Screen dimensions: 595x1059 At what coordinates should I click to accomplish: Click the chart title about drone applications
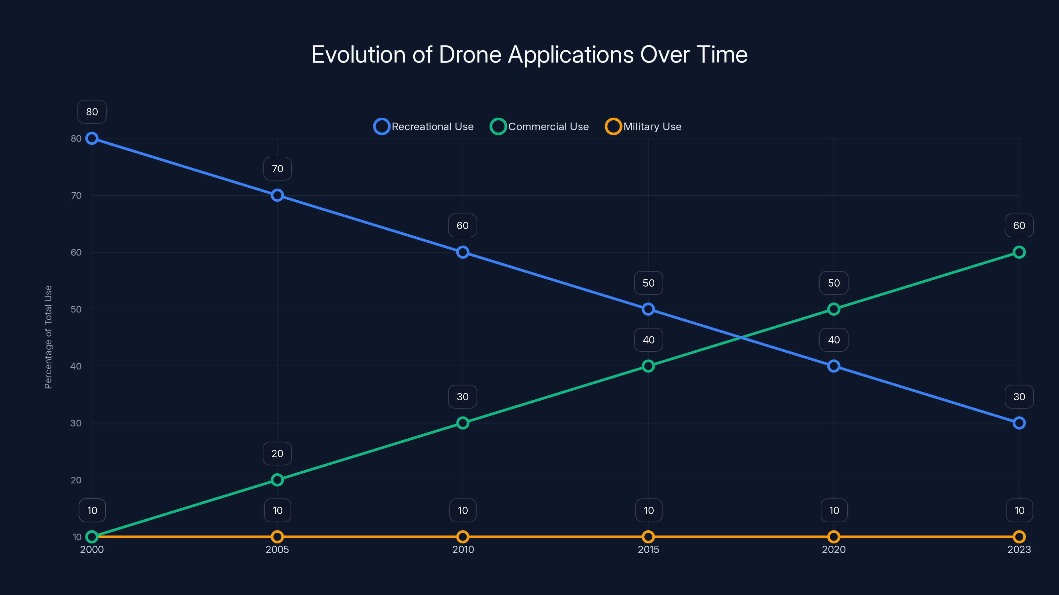click(529, 55)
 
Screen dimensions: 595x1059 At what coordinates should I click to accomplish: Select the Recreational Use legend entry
click(424, 127)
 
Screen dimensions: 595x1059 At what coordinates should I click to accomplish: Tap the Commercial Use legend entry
click(539, 127)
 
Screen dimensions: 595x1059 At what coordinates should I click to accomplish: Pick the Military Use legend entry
click(643, 127)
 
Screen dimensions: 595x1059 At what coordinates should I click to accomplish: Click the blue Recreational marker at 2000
click(92, 139)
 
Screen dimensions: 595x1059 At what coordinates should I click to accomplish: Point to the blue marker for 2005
click(277, 195)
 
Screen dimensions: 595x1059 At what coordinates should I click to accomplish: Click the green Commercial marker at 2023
click(1019, 252)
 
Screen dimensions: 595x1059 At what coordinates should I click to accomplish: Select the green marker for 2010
click(463, 423)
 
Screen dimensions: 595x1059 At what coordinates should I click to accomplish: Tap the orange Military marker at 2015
click(648, 537)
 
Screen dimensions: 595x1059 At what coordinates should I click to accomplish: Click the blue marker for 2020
click(833, 366)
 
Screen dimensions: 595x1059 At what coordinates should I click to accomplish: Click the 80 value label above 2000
click(92, 112)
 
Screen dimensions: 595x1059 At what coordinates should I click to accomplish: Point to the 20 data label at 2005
click(277, 454)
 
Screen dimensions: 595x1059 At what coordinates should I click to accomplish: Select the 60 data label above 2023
click(1019, 225)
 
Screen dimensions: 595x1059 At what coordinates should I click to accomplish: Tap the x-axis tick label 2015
click(648, 549)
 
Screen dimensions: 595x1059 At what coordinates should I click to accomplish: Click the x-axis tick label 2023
click(1019, 549)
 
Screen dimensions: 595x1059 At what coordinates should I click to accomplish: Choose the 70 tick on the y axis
click(76, 195)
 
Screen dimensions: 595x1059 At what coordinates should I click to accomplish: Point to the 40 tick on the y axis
click(76, 366)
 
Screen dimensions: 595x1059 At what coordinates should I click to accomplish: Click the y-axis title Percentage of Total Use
click(48, 337)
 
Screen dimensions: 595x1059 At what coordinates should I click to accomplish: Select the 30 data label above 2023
click(1019, 397)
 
